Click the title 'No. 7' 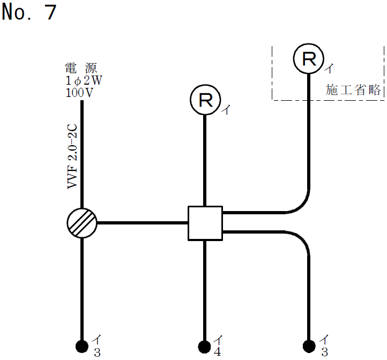pos(29,12)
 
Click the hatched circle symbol pos(82,223)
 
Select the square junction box pos(205,223)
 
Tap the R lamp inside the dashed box pos(309,59)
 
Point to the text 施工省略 pos(354,89)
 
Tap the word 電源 pos(81,68)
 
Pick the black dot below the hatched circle pos(82,346)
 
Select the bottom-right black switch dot pos(309,346)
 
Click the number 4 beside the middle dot pos(218,352)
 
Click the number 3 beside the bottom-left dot pos(97,352)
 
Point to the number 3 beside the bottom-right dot pos(324,352)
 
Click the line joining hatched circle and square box pos(142,222)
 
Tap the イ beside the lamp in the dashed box pos(330,69)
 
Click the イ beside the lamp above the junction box pos(226,110)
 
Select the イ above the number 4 pos(218,340)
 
